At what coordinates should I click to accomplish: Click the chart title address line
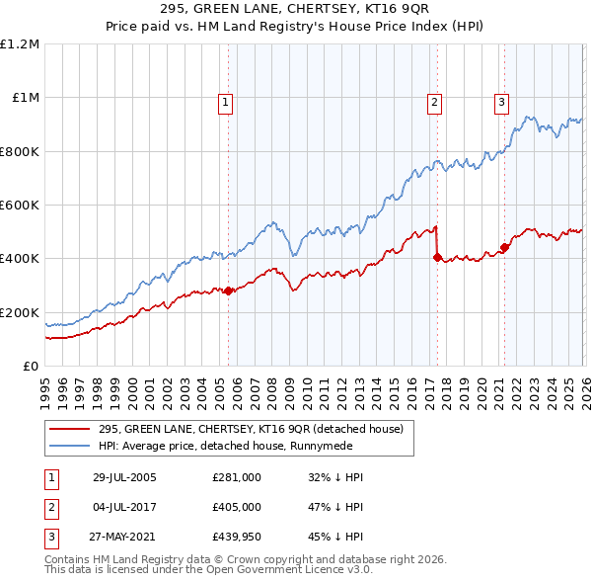296,12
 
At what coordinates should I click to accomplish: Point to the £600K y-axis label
20,206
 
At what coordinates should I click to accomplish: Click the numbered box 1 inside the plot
226,101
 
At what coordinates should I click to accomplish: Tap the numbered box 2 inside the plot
434,101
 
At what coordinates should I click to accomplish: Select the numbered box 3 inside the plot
501,101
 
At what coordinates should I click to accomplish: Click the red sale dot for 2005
229,291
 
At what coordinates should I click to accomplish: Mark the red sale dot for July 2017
437,257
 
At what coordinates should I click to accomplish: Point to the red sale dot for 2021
504,248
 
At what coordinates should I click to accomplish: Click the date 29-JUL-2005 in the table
124,477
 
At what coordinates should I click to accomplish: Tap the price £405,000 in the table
236,508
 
